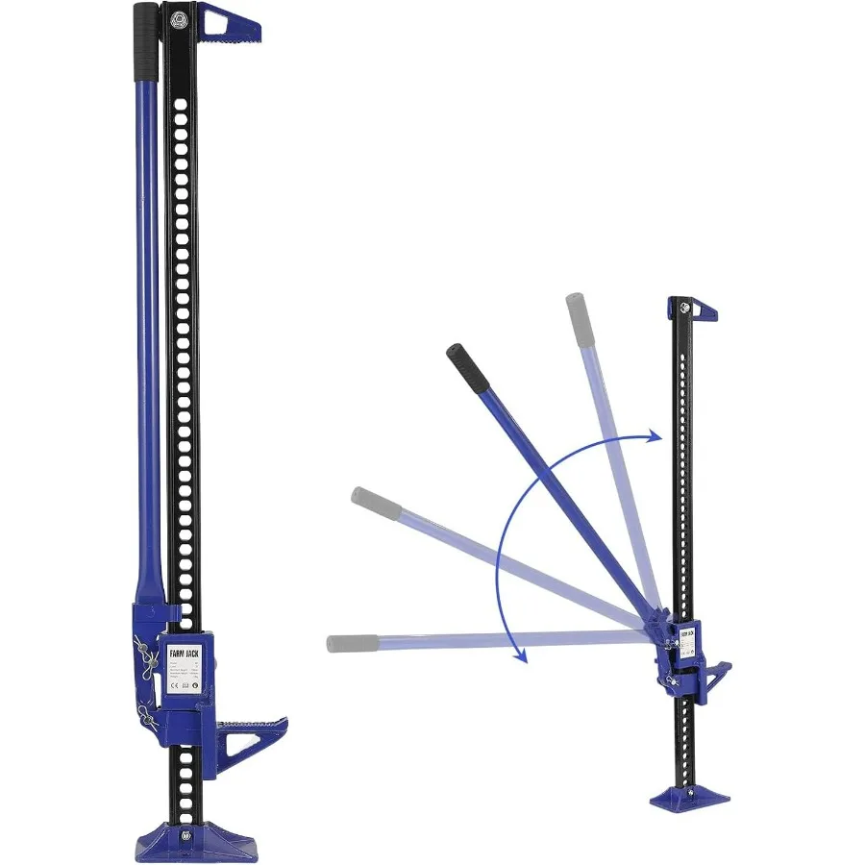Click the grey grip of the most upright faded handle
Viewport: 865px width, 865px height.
pyautogui.click(x=577, y=318)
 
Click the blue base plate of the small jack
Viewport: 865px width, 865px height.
pyautogui.click(x=683, y=796)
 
